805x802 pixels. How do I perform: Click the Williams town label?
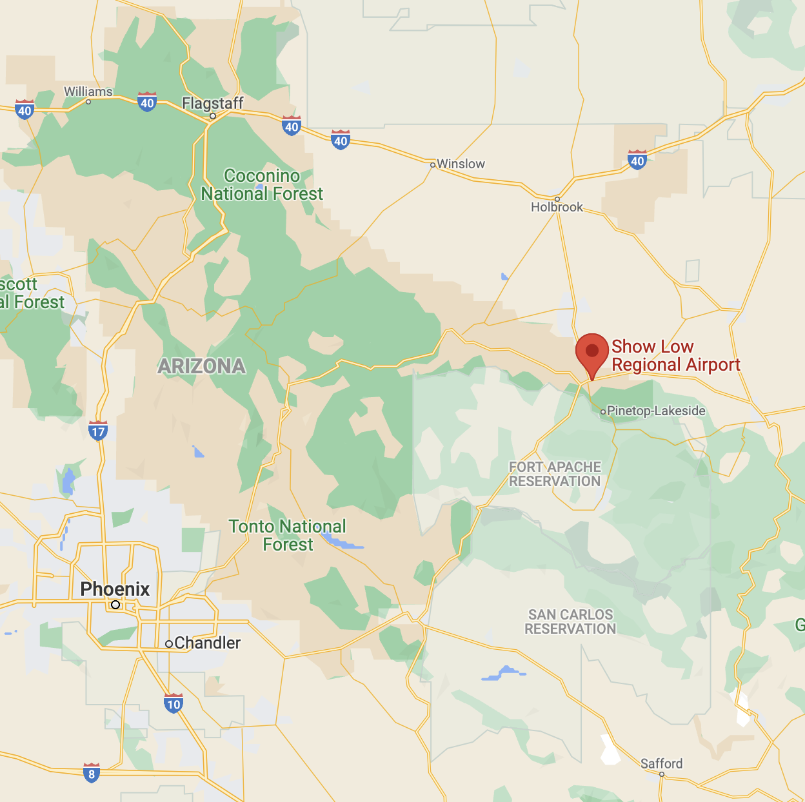click(88, 92)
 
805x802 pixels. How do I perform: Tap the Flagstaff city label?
click(213, 103)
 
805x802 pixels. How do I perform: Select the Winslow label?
click(461, 164)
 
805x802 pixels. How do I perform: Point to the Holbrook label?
click(557, 207)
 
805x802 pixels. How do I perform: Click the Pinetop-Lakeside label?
click(656, 411)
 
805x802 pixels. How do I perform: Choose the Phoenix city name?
click(115, 589)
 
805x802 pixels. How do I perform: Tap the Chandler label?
click(207, 643)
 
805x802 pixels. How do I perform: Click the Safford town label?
click(661, 763)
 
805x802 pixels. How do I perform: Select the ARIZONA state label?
click(202, 366)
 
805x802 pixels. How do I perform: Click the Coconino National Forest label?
click(262, 185)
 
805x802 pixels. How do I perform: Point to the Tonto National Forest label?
click(288, 535)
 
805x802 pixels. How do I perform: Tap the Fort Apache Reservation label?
click(555, 474)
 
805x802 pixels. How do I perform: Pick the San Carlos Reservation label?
click(570, 621)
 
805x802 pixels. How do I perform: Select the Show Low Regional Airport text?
click(675, 356)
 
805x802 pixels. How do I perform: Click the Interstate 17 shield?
click(98, 431)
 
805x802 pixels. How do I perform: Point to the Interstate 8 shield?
click(92, 772)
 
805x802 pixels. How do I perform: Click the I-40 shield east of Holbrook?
click(637, 159)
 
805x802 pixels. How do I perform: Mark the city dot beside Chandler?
click(169, 643)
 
